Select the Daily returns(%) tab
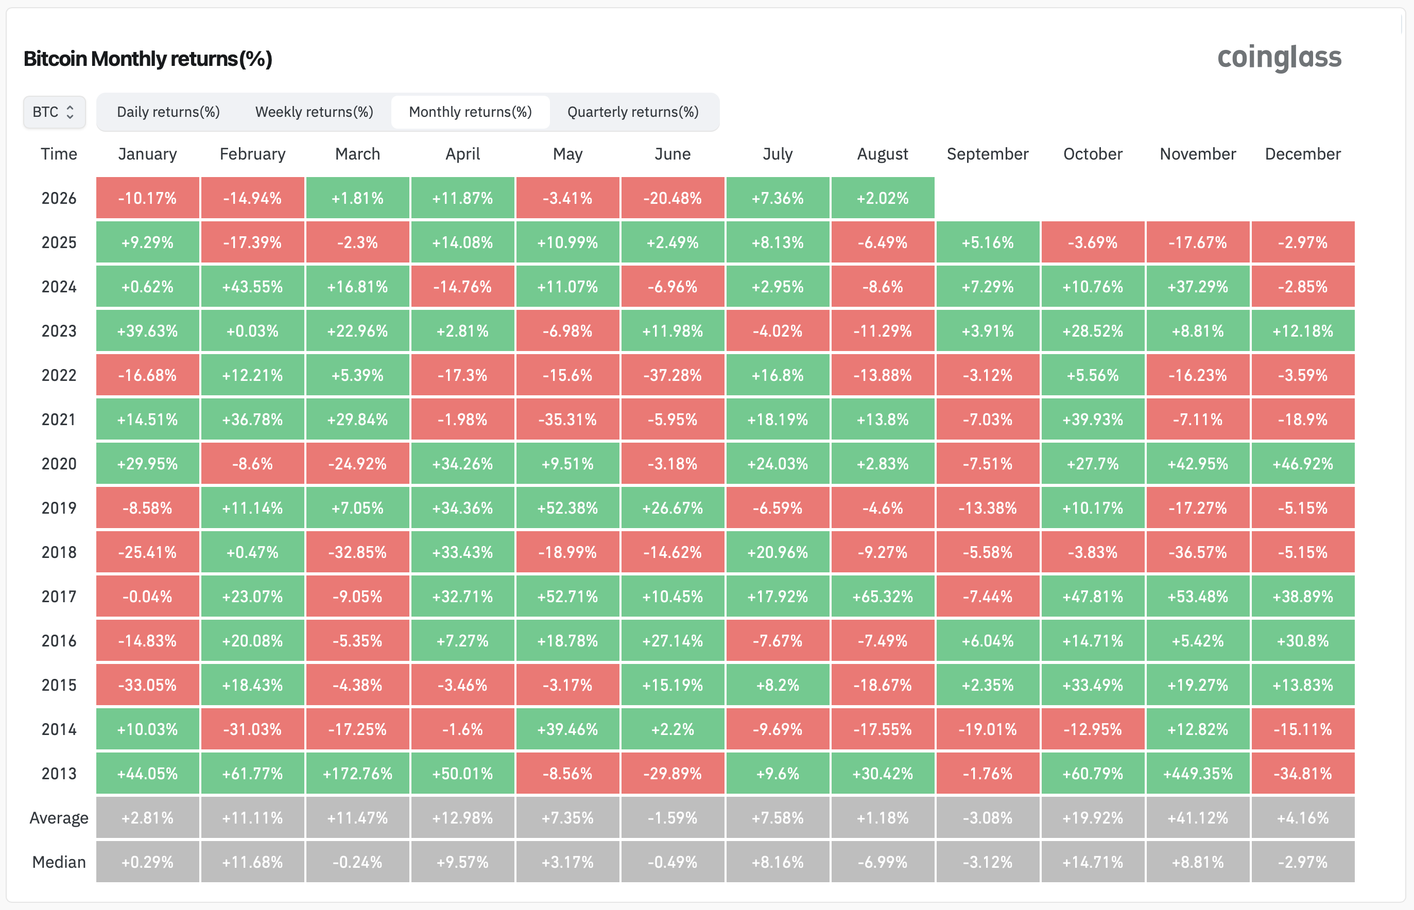tap(168, 112)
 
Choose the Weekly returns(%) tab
tap(314, 112)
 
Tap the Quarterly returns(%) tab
tap(633, 112)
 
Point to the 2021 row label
tap(59, 419)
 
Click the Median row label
tap(59, 862)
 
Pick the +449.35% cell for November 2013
tap(1198, 774)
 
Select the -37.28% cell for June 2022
tap(672, 375)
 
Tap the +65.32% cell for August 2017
tap(883, 596)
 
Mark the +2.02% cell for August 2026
tap(883, 198)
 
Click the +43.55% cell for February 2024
tap(252, 287)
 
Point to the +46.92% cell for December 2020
tap(1303, 464)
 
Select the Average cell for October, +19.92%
tap(1092, 818)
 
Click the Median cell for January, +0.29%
tap(147, 862)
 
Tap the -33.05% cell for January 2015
tap(147, 685)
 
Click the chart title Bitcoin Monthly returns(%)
tap(148, 59)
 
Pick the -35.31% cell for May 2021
tap(567, 419)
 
